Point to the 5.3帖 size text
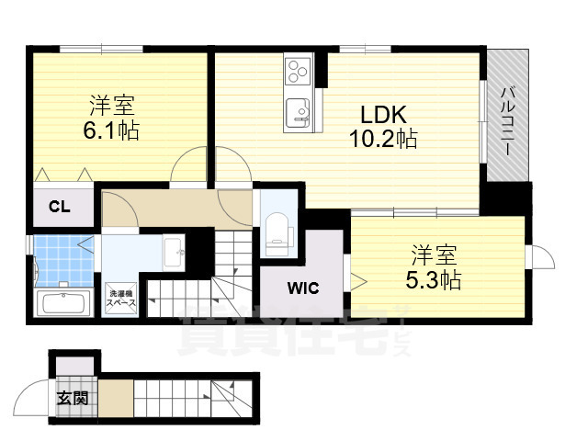point(435,277)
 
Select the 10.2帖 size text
point(382,140)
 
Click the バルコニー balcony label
point(507,118)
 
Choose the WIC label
point(300,288)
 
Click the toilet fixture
point(276,229)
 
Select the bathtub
point(61,303)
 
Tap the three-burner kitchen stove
point(299,68)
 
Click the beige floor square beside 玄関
point(116,398)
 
